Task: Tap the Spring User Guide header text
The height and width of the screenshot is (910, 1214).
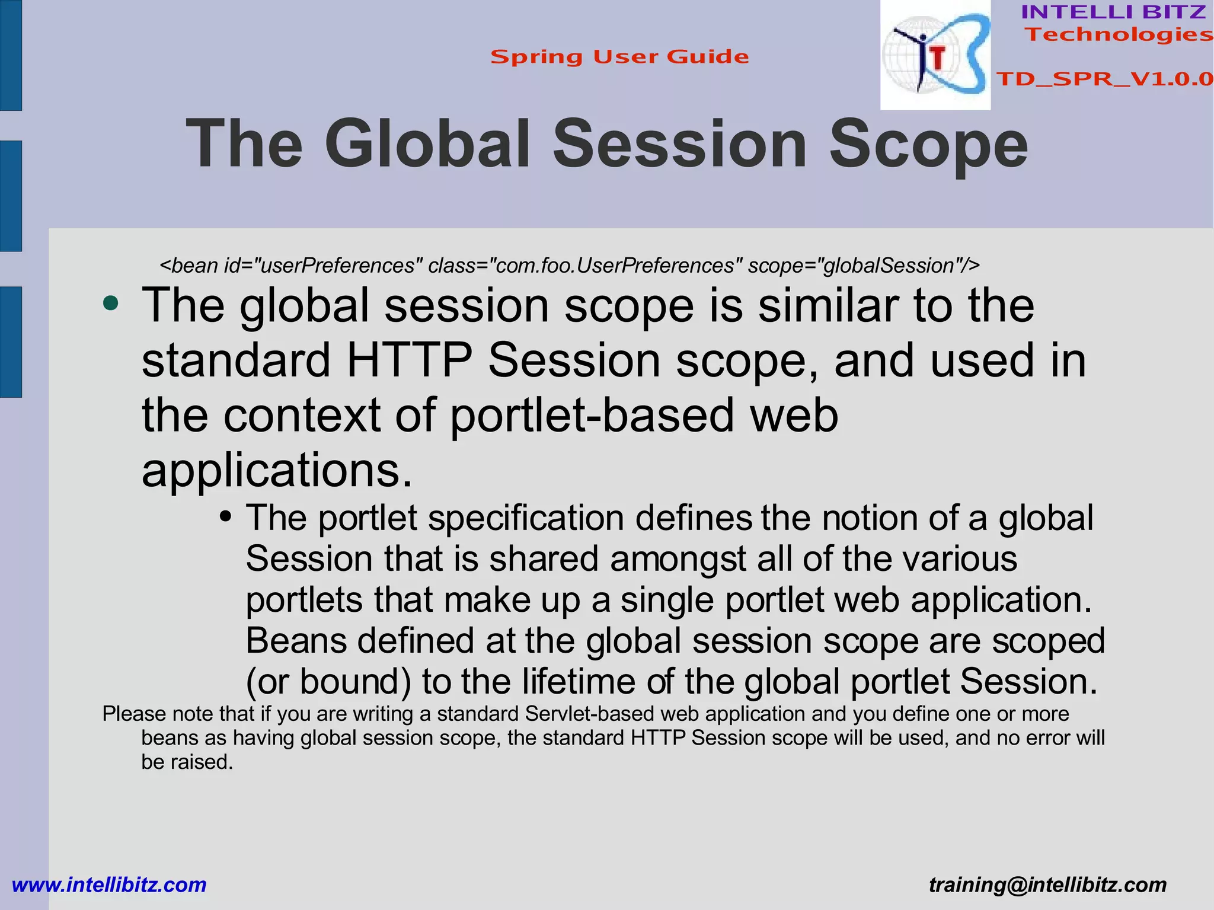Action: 619,57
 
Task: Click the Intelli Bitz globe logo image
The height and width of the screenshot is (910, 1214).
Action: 935,55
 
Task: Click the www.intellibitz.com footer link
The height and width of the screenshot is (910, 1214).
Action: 109,885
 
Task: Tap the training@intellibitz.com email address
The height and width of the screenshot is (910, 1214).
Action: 1047,885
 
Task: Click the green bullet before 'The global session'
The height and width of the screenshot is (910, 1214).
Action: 110,304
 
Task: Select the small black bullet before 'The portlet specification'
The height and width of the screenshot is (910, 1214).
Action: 225,516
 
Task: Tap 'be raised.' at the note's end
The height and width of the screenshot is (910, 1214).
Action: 187,762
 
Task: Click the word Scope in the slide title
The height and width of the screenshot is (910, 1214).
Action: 928,144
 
